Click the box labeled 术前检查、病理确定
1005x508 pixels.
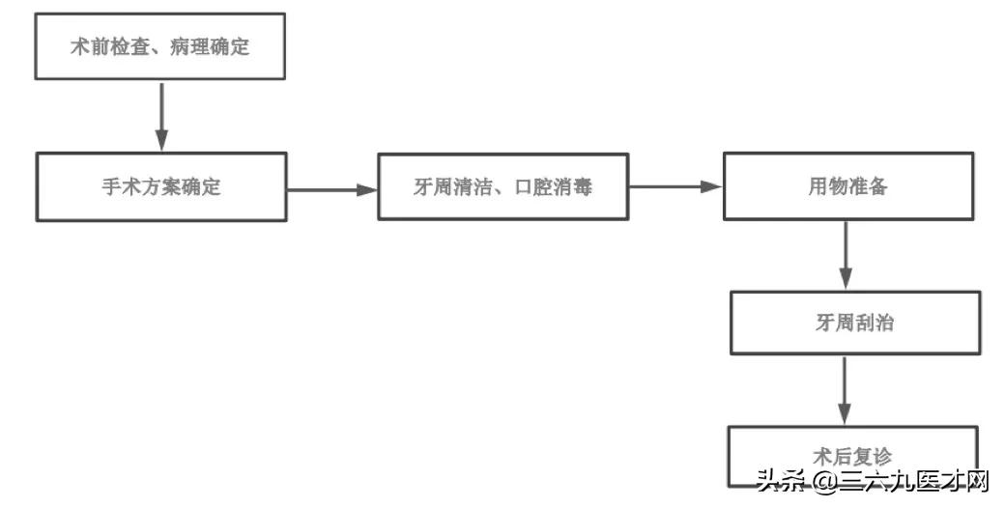[x=160, y=45]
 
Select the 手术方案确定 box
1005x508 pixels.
[x=160, y=185]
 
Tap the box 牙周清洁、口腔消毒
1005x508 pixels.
[x=502, y=185]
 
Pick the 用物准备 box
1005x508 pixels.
[x=847, y=185]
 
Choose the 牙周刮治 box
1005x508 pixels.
[x=854, y=323]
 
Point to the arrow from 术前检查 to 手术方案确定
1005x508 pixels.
[x=161, y=116]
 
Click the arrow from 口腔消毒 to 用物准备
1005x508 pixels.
[x=675, y=187]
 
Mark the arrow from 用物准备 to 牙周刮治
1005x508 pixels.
[x=847, y=255]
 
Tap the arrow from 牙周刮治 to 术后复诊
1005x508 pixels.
[x=847, y=390]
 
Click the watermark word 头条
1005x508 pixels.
[x=781, y=480]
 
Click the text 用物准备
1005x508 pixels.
[x=847, y=186]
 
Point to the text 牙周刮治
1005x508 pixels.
[x=854, y=324]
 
